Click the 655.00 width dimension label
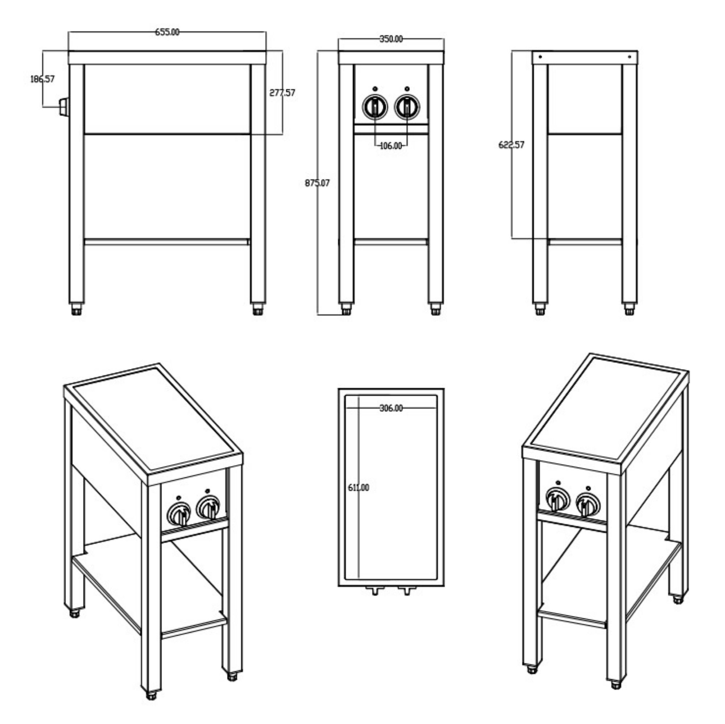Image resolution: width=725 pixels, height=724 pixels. click(167, 32)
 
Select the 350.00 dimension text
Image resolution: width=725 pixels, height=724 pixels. click(391, 39)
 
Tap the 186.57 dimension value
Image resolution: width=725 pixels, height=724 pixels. click(42, 79)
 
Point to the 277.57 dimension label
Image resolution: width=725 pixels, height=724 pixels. click(282, 93)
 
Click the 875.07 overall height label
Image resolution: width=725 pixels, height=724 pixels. click(317, 183)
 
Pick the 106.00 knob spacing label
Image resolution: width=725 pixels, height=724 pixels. click(391, 146)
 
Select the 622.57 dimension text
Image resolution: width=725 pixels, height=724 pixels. click(511, 145)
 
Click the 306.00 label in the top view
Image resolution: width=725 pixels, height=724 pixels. click(391, 408)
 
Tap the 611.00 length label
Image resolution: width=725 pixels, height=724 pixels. click(359, 488)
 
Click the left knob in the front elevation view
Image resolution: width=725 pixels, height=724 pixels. click(375, 107)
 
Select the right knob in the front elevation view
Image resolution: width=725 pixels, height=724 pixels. click(407, 107)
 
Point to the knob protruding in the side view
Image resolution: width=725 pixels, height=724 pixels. click(64, 107)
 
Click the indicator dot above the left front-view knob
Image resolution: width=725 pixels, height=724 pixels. click(375, 89)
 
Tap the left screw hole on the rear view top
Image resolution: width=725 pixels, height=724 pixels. click(540, 57)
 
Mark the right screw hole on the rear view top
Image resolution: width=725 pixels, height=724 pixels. click(630, 57)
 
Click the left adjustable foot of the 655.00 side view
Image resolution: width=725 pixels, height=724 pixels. click(76, 310)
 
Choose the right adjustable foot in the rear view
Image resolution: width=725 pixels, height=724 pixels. click(629, 310)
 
